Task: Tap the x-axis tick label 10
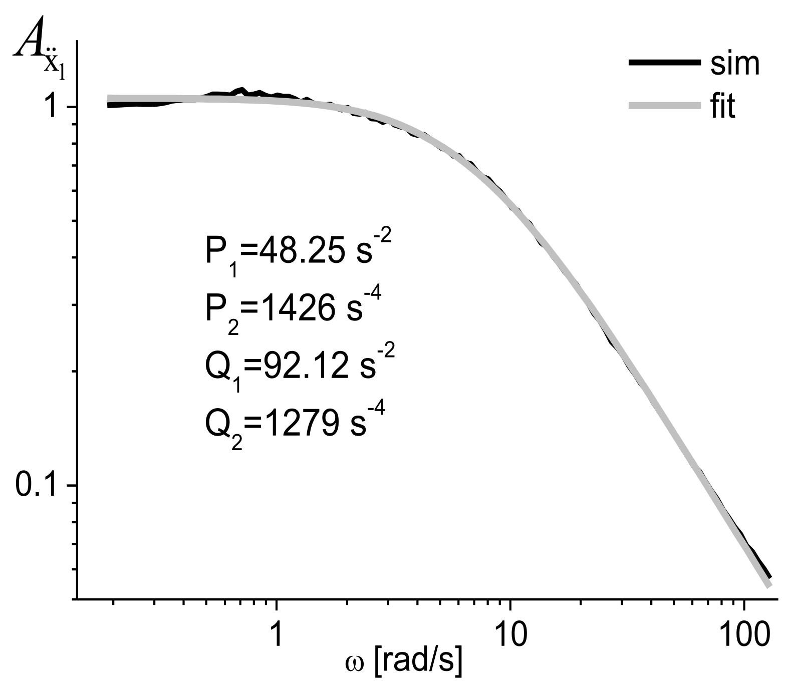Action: click(x=509, y=635)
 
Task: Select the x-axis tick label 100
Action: click(x=743, y=635)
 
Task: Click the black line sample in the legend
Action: click(x=664, y=62)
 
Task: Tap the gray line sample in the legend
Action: click(x=664, y=106)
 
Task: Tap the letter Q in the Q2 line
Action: click(x=216, y=424)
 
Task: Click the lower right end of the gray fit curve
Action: click(x=769, y=585)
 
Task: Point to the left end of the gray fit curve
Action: click(x=109, y=99)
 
